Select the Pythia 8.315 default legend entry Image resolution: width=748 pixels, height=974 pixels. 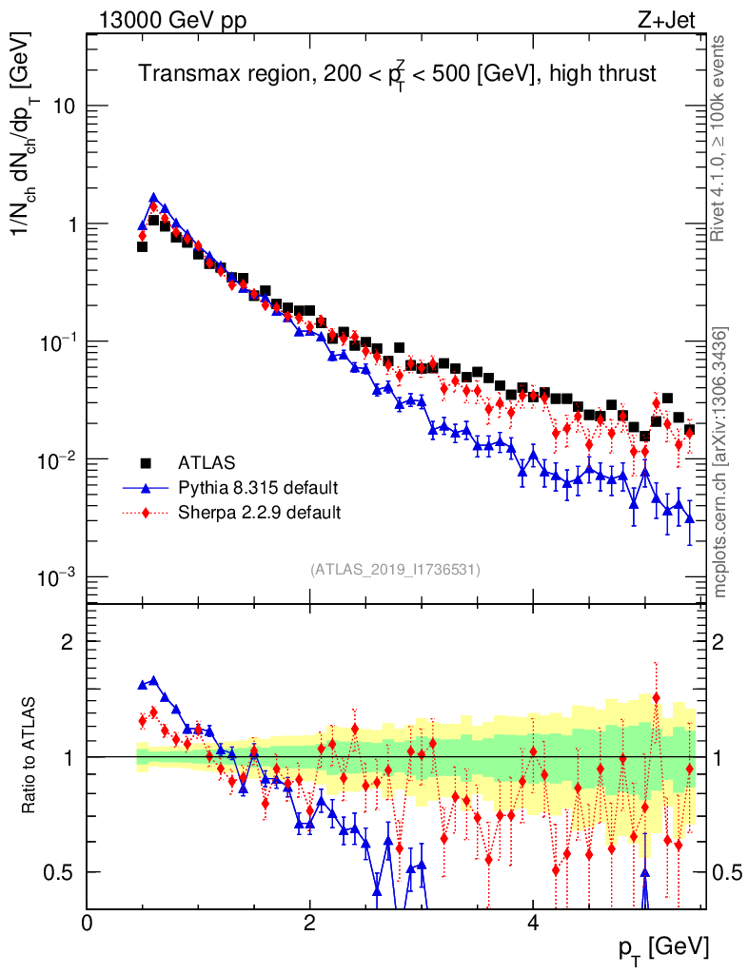click(x=257, y=489)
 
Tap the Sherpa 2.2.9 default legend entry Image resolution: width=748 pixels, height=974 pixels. click(x=259, y=514)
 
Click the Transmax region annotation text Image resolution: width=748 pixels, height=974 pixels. click(x=398, y=73)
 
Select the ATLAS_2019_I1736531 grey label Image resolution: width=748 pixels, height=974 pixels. click(x=395, y=570)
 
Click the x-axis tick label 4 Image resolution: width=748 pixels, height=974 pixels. click(x=533, y=923)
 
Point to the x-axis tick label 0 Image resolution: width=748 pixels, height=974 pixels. click(x=87, y=923)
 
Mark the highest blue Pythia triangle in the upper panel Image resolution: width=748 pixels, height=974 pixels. click(x=153, y=198)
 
